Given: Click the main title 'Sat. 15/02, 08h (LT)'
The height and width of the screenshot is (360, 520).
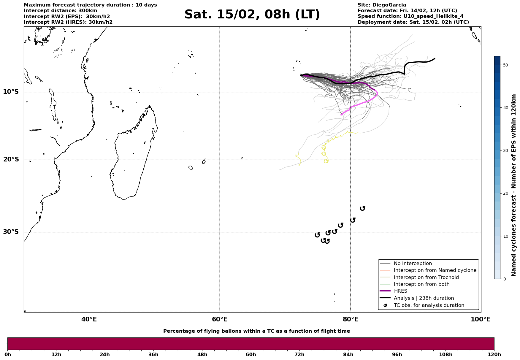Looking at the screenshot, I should (x=252, y=15).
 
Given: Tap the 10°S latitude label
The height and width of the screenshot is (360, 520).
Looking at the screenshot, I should (x=11, y=92).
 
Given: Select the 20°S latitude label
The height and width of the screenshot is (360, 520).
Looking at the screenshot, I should (x=11, y=160).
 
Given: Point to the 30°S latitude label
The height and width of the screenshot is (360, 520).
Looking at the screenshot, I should (x=11, y=232).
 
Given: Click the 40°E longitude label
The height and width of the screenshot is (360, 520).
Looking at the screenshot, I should (x=89, y=319).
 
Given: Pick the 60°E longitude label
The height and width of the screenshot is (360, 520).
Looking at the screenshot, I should (x=220, y=319).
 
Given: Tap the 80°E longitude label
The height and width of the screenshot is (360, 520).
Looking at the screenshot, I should (x=350, y=319).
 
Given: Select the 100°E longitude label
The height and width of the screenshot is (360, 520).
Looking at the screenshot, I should (x=481, y=319).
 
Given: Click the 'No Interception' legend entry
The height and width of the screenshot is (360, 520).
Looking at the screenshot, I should (x=413, y=264).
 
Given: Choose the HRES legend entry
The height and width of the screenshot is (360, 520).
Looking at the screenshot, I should (x=400, y=291).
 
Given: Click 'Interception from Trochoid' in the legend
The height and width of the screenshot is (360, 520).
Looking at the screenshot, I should (x=426, y=277).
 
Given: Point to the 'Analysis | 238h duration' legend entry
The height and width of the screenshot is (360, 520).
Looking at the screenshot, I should (x=424, y=298).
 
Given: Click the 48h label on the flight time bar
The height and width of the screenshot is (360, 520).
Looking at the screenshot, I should (x=202, y=354).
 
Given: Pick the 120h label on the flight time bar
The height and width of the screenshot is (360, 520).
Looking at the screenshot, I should (x=494, y=354).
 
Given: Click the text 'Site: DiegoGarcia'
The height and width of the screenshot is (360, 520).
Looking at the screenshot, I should (x=382, y=5).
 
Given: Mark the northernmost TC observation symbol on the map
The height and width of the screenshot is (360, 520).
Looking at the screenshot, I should (x=362, y=208).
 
